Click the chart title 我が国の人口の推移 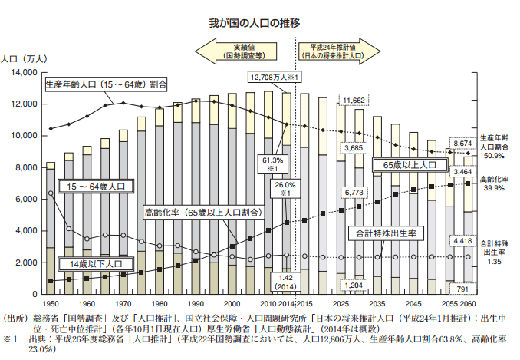(259, 22)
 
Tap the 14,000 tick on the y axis (25, 72)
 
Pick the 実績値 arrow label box (244, 51)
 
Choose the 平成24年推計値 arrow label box (331, 51)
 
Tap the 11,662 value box (355, 101)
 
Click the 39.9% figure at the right (491, 188)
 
